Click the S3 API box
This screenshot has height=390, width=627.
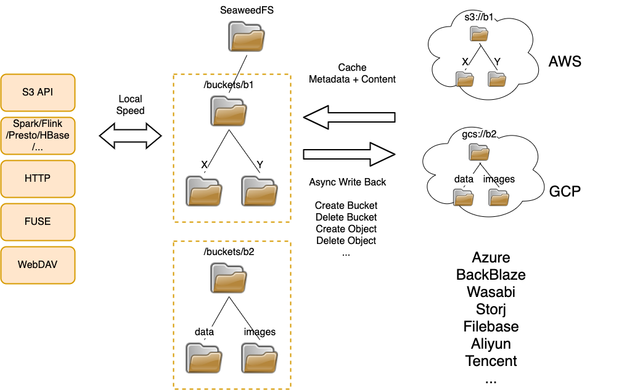pyautogui.click(x=38, y=92)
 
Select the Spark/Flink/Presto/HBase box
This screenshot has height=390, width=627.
pyautogui.click(x=38, y=136)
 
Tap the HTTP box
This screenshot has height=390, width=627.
pyautogui.click(x=38, y=179)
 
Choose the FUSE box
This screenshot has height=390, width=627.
pyautogui.click(x=38, y=222)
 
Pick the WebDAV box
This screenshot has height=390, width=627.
pyautogui.click(x=38, y=265)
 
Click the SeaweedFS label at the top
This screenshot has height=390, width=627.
pyautogui.click(x=247, y=10)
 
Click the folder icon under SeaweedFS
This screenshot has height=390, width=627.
pyautogui.click(x=247, y=37)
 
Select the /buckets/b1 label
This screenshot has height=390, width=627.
pyautogui.click(x=229, y=85)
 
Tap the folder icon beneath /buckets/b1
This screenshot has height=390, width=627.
pyautogui.click(x=229, y=112)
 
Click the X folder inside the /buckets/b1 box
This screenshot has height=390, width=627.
pyautogui.click(x=204, y=191)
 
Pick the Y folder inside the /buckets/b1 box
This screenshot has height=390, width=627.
pyautogui.click(x=260, y=191)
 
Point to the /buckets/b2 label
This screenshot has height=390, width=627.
pyautogui.click(x=229, y=251)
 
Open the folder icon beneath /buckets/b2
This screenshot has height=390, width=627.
pyautogui.click(x=229, y=278)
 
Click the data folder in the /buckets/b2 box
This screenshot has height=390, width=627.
pyautogui.click(x=204, y=358)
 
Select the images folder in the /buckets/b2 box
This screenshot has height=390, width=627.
pyautogui.click(x=260, y=358)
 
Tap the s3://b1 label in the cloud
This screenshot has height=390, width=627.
pyautogui.click(x=479, y=17)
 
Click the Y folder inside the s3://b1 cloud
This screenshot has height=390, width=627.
pyautogui.click(x=496, y=79)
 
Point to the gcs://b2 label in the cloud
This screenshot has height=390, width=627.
pyautogui.click(x=479, y=134)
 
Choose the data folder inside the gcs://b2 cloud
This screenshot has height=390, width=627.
pyautogui.click(x=463, y=197)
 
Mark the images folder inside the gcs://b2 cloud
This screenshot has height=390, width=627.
pyautogui.click(x=499, y=197)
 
